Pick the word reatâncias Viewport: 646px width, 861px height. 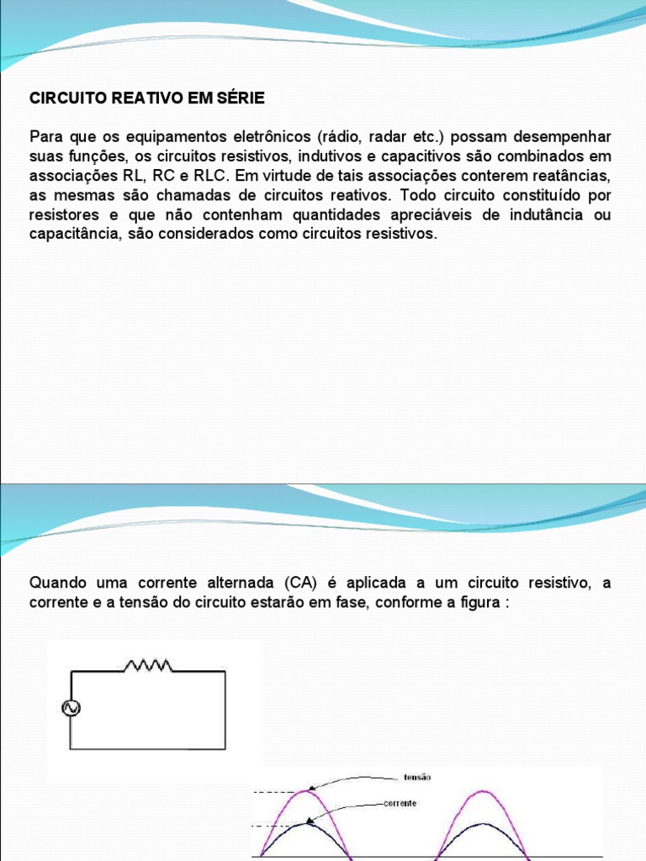point(574,176)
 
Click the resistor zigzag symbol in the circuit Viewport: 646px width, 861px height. point(148,666)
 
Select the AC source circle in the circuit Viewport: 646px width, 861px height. point(71,709)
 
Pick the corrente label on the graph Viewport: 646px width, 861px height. point(400,803)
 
